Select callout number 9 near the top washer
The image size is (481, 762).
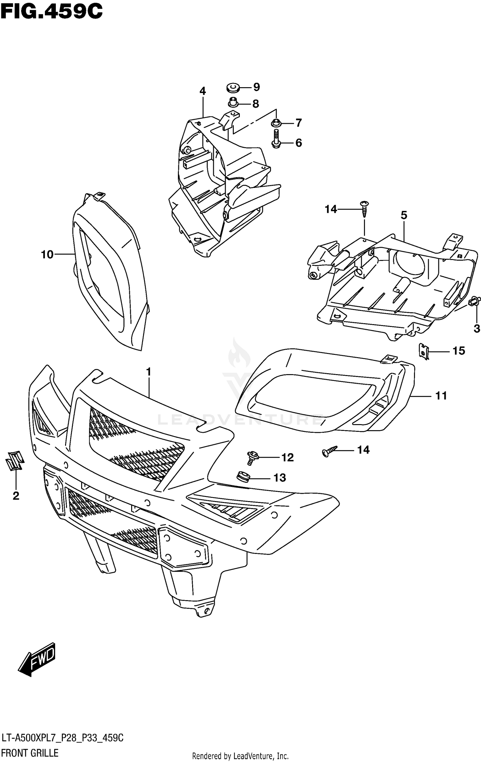(x=256, y=87)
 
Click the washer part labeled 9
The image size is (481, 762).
(x=233, y=87)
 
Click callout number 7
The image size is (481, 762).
(x=299, y=123)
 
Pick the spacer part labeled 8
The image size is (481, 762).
(x=233, y=103)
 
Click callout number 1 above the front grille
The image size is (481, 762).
(x=148, y=372)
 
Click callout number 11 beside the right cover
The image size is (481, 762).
(x=441, y=396)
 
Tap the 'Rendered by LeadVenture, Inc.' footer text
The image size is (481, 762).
(x=240, y=756)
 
